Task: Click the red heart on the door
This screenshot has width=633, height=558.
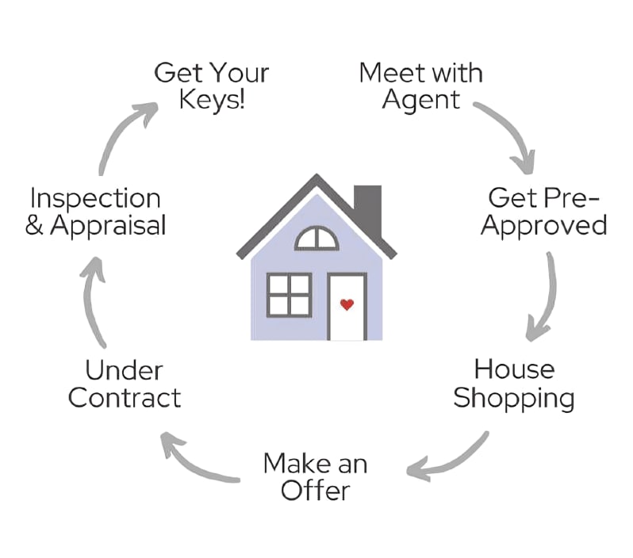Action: (x=346, y=304)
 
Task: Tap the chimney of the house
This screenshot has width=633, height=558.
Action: (x=368, y=208)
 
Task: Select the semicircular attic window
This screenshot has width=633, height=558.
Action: (x=316, y=239)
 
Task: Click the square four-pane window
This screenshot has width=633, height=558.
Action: (x=289, y=295)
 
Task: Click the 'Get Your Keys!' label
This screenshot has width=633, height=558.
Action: (x=211, y=86)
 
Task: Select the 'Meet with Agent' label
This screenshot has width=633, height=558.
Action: (x=420, y=86)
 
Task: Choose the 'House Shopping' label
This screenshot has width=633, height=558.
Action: (x=514, y=384)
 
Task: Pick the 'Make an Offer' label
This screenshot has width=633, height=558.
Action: (x=315, y=476)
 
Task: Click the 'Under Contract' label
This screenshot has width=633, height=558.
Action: (x=125, y=384)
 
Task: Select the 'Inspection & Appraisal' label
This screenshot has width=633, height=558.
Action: (x=95, y=211)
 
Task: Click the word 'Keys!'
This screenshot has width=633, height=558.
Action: (x=211, y=101)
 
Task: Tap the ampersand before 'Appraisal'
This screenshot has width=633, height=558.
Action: (x=34, y=226)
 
